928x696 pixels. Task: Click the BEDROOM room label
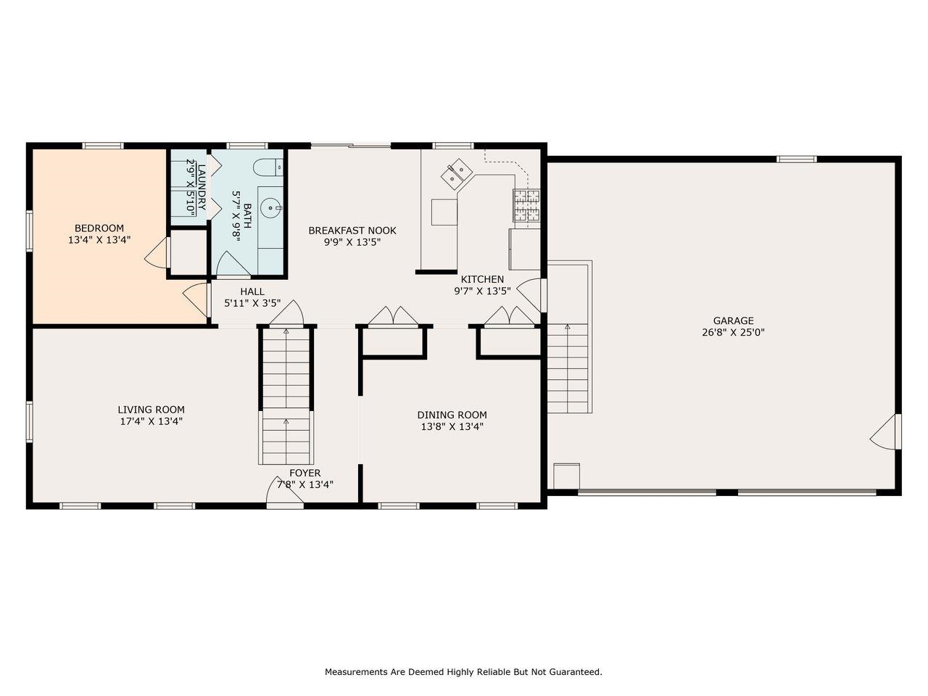pyautogui.click(x=99, y=228)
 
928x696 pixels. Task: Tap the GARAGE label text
pyautogui.click(x=733, y=320)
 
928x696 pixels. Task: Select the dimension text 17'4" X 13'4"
pyautogui.click(x=151, y=420)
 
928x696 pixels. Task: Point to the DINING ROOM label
pyautogui.click(x=452, y=415)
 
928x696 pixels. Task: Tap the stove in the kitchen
pyautogui.click(x=527, y=205)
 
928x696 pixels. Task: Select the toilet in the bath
pyautogui.click(x=269, y=167)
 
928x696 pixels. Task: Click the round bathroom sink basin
pyautogui.click(x=272, y=208)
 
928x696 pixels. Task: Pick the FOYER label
pyautogui.click(x=304, y=473)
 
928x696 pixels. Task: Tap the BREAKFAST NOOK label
pyautogui.click(x=352, y=231)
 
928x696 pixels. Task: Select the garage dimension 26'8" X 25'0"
pyautogui.click(x=733, y=332)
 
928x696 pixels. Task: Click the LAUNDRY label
pyautogui.click(x=202, y=187)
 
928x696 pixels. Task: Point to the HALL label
pyautogui.click(x=252, y=291)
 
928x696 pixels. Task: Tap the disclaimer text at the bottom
pyautogui.click(x=463, y=672)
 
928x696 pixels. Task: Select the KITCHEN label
pyautogui.click(x=482, y=279)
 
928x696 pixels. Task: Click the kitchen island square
pyautogui.click(x=445, y=212)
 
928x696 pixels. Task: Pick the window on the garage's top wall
pyautogui.click(x=797, y=159)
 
